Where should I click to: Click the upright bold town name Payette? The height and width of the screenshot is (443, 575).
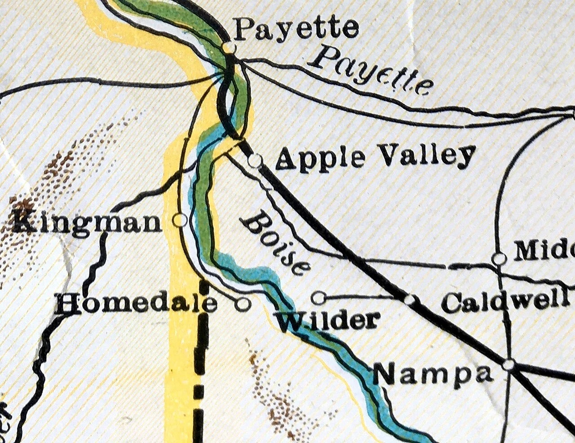[296, 29]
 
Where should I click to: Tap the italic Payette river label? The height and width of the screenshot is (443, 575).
[373, 72]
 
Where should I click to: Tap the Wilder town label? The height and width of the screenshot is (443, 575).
[327, 320]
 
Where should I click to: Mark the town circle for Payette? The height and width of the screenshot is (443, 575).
[229, 47]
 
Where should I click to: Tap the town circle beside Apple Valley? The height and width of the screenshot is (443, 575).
[255, 160]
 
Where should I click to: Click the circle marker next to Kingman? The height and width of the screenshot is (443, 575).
[180, 220]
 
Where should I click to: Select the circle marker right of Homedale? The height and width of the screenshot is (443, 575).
[243, 304]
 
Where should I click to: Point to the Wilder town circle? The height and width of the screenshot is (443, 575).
[318, 297]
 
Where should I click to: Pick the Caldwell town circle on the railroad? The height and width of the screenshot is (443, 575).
[410, 300]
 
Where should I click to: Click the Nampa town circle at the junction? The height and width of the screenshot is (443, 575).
[509, 364]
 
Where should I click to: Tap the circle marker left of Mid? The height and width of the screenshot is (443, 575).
[499, 259]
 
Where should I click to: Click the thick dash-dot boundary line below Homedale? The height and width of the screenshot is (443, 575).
[201, 360]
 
